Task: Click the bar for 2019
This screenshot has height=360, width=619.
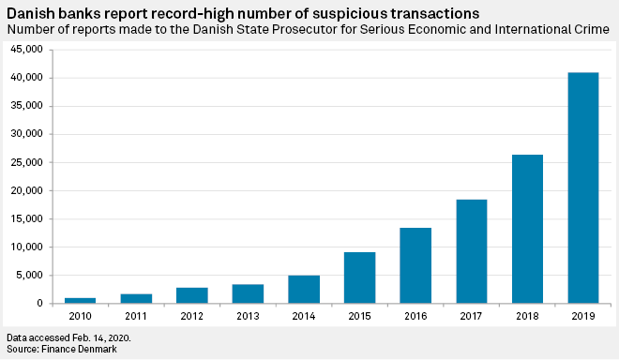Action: tap(583, 187)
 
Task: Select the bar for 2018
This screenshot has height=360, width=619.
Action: tap(527, 229)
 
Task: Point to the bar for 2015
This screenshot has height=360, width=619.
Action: tap(359, 277)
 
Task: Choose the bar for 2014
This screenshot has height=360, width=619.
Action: tap(304, 289)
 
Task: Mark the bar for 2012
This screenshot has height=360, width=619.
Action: tap(192, 295)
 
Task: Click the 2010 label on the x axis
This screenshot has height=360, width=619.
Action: tap(81, 315)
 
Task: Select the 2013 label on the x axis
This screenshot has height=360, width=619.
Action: tap(248, 315)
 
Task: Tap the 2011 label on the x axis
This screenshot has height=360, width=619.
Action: tap(136, 315)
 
